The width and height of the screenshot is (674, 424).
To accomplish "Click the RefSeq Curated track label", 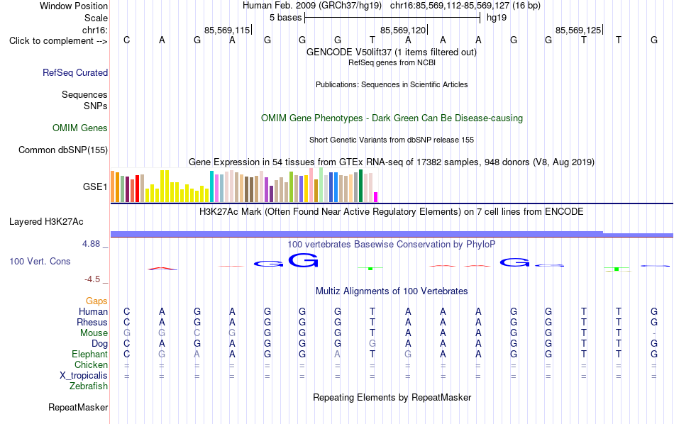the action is [75, 72].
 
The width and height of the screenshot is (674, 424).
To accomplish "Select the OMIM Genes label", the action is [80, 128].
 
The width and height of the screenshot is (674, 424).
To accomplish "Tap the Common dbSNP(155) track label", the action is [63, 150].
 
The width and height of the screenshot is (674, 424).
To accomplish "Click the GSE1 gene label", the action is [95, 186].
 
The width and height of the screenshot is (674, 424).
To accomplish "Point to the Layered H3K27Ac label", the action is [46, 222].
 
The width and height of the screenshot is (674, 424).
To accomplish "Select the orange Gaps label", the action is [96, 301].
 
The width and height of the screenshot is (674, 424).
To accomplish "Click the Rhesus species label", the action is [92, 322].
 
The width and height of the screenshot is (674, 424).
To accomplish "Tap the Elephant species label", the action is [90, 355].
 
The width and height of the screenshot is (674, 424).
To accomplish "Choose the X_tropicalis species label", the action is [84, 376].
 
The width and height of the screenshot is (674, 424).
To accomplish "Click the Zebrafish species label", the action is [89, 386].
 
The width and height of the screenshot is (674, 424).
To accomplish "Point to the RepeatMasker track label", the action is [78, 407].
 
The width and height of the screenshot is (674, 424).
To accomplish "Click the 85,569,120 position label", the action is [403, 30].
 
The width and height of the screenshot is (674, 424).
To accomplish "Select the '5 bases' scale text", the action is [286, 18].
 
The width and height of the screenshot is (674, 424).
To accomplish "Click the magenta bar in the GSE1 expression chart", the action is [376, 197].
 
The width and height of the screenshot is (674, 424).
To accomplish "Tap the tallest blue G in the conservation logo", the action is [304, 260].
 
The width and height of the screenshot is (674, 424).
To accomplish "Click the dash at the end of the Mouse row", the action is [654, 333].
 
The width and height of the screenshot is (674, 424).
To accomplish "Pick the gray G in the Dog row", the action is [372, 344].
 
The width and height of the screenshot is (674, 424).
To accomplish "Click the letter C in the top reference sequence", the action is [126, 40].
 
